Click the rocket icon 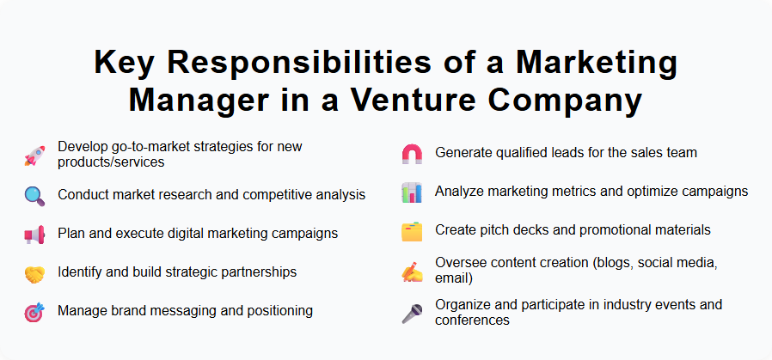click(34, 156)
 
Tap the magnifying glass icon click(34, 195)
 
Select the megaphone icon click(34, 235)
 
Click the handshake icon click(34, 273)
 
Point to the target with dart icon click(34, 313)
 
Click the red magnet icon click(412, 155)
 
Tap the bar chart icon click(412, 192)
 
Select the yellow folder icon click(412, 231)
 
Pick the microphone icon click(412, 314)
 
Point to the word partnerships click(255, 272)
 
